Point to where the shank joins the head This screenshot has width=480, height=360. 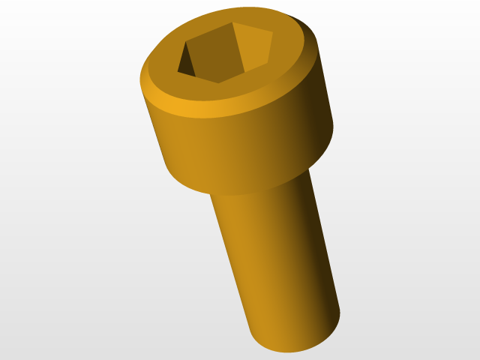coord(259,192)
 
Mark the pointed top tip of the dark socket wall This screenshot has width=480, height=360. coord(184,41)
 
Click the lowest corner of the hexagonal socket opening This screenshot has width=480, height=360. coord(218,82)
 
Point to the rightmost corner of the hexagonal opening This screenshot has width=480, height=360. coord(272,34)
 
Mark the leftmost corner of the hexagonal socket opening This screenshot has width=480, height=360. coord(178,72)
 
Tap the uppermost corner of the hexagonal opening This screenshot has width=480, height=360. coord(232,22)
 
